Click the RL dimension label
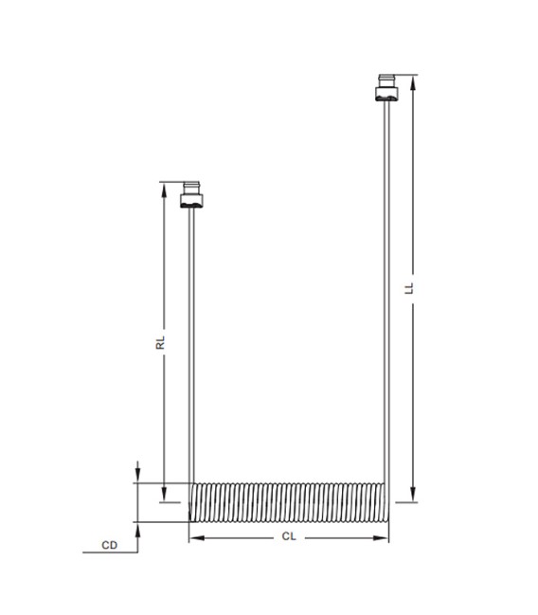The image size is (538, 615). [x=161, y=342]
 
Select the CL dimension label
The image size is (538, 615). [x=290, y=536]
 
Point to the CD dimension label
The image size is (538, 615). [x=110, y=546]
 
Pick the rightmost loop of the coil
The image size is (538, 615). [x=384, y=502]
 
